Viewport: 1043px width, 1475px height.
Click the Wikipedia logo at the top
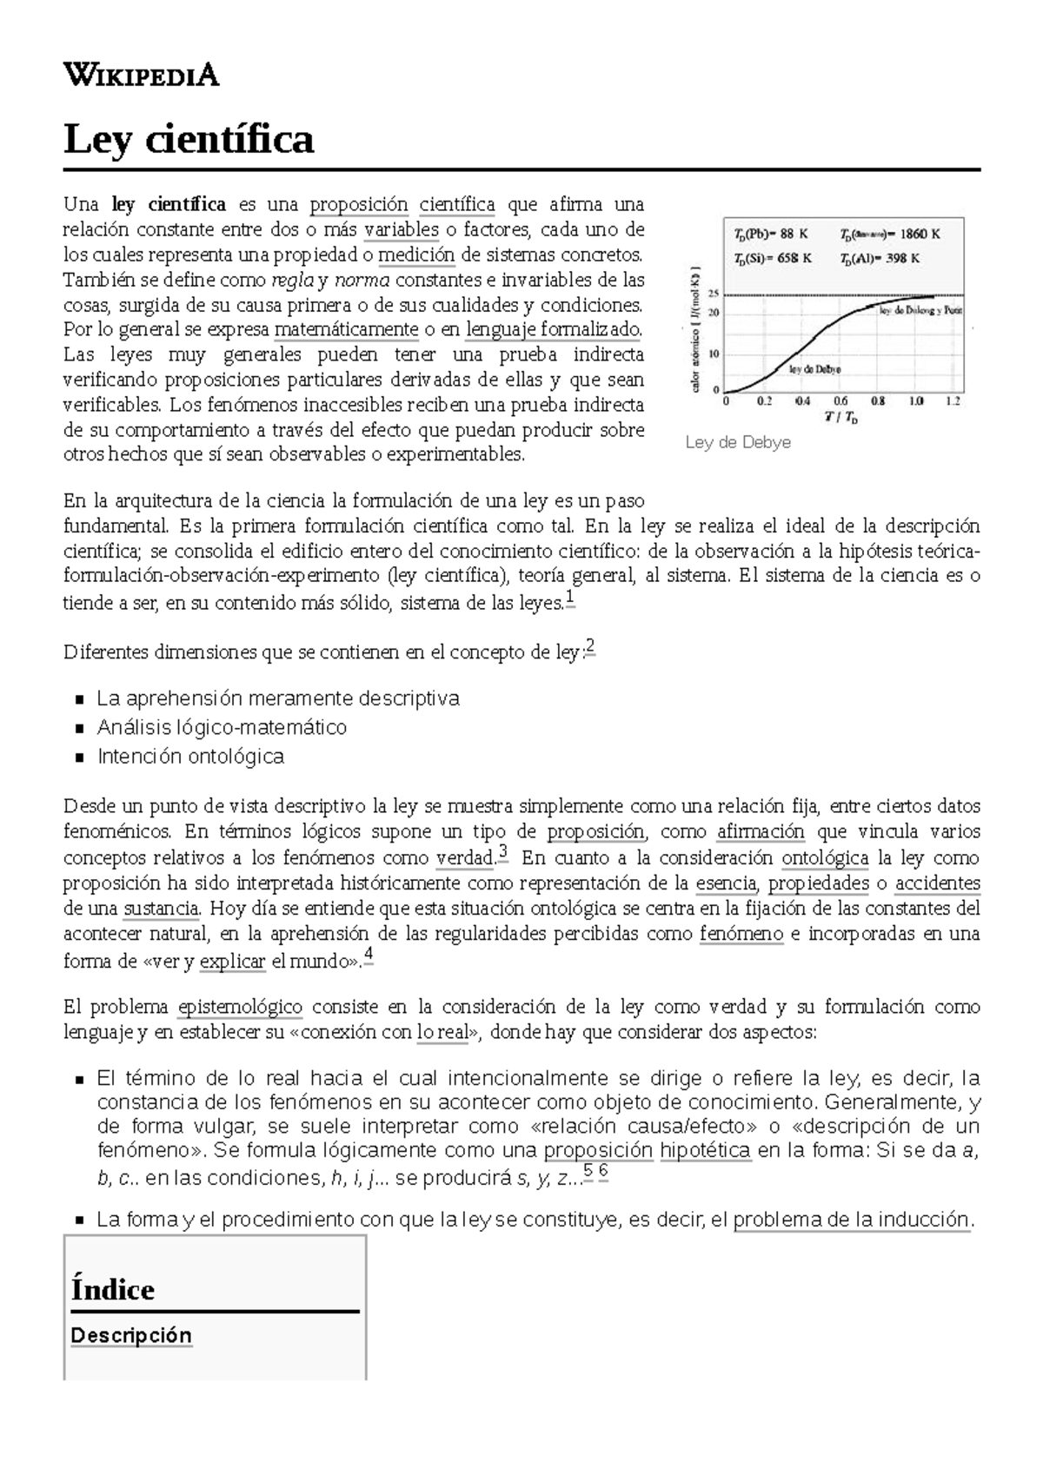pyautogui.click(x=141, y=76)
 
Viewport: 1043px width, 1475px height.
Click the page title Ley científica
pyautogui.click(x=188, y=139)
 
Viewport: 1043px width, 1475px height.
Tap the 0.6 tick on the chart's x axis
pyautogui.click(x=840, y=401)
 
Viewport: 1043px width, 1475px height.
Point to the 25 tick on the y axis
pyautogui.click(x=714, y=294)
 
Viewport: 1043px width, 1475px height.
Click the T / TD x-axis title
pyautogui.click(x=840, y=418)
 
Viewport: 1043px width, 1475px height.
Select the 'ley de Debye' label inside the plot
pyautogui.click(x=814, y=368)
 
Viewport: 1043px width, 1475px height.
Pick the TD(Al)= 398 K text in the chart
pyautogui.click(x=880, y=258)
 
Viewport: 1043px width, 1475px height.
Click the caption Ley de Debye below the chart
pyautogui.click(x=738, y=442)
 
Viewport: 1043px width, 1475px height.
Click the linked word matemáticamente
pyautogui.click(x=346, y=330)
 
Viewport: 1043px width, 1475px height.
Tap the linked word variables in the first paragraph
pyautogui.click(x=402, y=230)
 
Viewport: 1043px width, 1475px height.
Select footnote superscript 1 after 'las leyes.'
pyautogui.click(x=569, y=599)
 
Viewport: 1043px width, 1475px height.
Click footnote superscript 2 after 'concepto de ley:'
pyautogui.click(x=590, y=645)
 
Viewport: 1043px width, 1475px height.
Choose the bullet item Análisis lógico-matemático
pyautogui.click(x=222, y=727)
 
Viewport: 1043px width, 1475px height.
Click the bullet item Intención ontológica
pyautogui.click(x=190, y=756)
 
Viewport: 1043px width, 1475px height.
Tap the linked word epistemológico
pyautogui.click(x=240, y=1007)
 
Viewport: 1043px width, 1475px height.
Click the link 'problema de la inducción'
pyautogui.click(x=851, y=1219)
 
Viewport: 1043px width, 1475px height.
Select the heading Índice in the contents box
pyautogui.click(x=113, y=1289)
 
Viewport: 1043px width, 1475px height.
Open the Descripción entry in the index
pyautogui.click(x=130, y=1335)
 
